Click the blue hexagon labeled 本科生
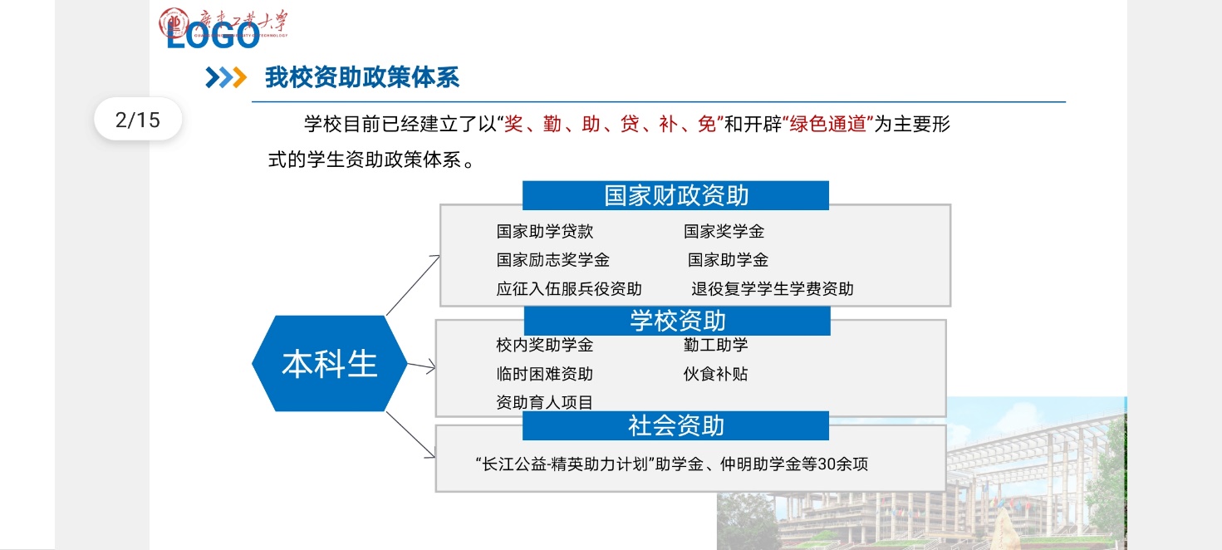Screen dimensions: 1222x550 click(x=330, y=363)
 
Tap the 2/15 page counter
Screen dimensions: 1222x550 click(x=137, y=120)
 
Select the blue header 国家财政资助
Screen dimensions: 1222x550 click(x=675, y=195)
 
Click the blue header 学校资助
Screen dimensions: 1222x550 click(x=677, y=321)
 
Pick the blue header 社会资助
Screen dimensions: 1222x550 click(x=675, y=425)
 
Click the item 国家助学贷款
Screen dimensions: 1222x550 click(x=544, y=231)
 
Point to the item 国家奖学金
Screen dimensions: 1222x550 click(x=724, y=231)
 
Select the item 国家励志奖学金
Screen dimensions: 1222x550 click(x=552, y=260)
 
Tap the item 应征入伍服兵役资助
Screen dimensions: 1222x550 click(x=568, y=288)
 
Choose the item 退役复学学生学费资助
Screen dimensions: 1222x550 click(x=772, y=288)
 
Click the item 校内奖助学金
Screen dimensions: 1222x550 click(x=544, y=345)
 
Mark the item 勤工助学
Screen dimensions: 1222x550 click(x=715, y=345)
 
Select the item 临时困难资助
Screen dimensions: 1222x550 click(x=544, y=374)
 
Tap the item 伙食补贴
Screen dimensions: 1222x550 click(x=715, y=374)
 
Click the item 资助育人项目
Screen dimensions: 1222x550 click(x=544, y=403)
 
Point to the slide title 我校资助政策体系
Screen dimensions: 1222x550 click(x=362, y=77)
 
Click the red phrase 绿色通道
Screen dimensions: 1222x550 click(x=827, y=124)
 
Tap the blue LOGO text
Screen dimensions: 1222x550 click(x=213, y=37)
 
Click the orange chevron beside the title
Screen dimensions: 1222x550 click(x=239, y=77)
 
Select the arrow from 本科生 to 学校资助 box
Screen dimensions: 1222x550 click(x=422, y=366)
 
